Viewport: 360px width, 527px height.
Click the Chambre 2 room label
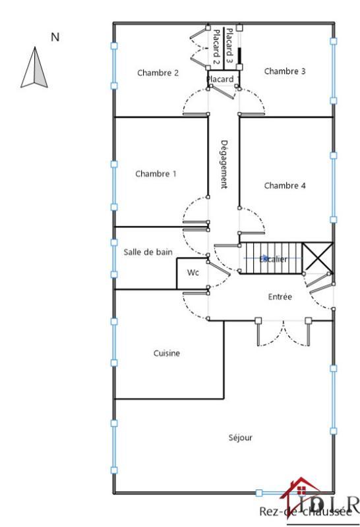tap(158, 73)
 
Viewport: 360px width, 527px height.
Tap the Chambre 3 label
tap(284, 71)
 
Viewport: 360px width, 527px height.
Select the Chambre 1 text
tap(156, 174)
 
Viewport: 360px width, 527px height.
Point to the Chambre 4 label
tap(285, 186)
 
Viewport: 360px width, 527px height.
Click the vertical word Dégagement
tap(224, 163)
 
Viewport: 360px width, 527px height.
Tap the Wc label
tap(193, 272)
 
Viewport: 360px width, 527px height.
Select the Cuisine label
tap(167, 353)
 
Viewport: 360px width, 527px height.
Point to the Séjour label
tap(240, 437)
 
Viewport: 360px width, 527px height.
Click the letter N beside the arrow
tap(55, 38)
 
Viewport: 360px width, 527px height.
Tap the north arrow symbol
tap(36, 68)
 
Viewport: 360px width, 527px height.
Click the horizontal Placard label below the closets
tap(221, 80)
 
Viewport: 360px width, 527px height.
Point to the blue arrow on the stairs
tap(264, 258)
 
